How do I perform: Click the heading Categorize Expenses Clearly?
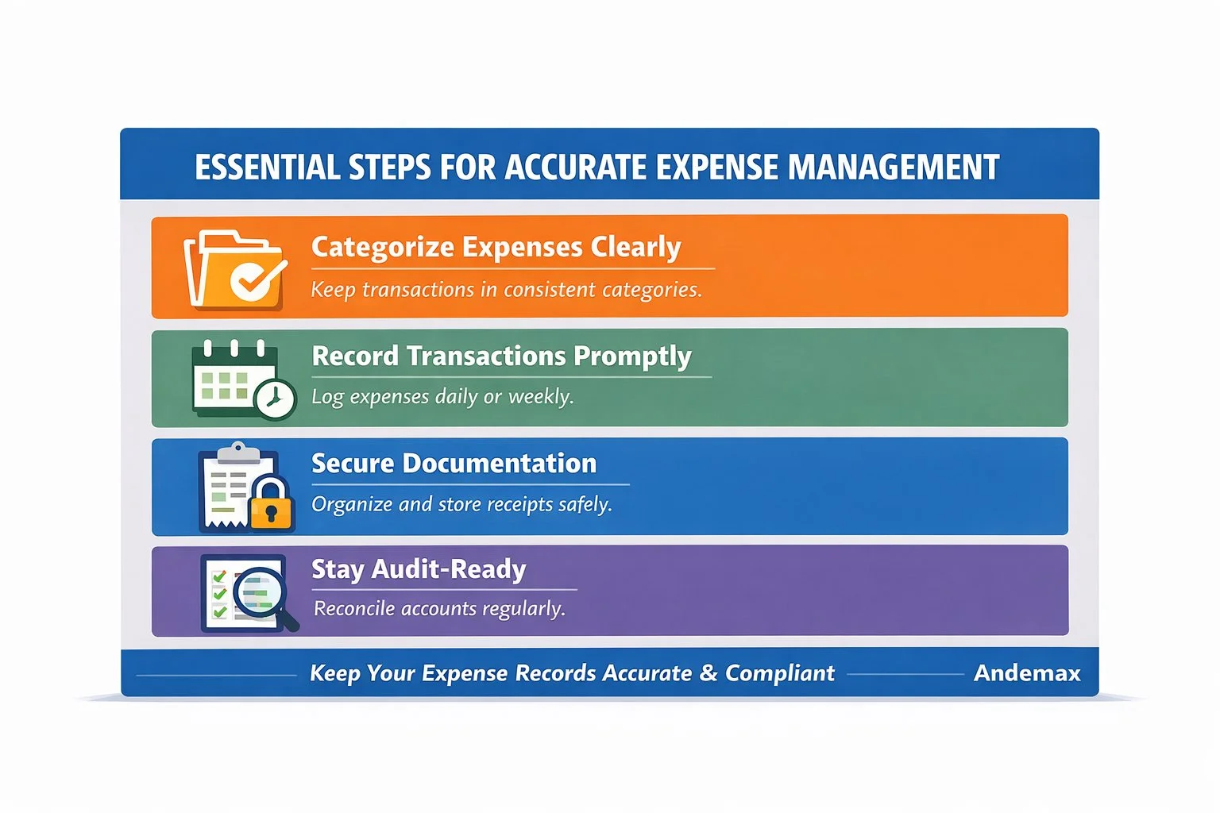pos(496,248)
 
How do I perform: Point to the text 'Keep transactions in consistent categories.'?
pos(506,290)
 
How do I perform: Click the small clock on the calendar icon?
pos(275,399)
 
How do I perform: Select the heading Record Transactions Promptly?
pos(501,356)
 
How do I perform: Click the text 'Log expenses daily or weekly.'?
pos(442,396)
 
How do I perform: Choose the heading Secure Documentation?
pos(454,464)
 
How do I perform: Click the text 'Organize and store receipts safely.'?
pos(461,504)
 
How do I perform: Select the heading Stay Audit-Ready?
pos(419,569)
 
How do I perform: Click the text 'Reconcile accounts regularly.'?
pos(439,609)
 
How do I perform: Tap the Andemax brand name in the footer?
pos(1027,673)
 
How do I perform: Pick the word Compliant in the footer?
pos(779,673)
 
